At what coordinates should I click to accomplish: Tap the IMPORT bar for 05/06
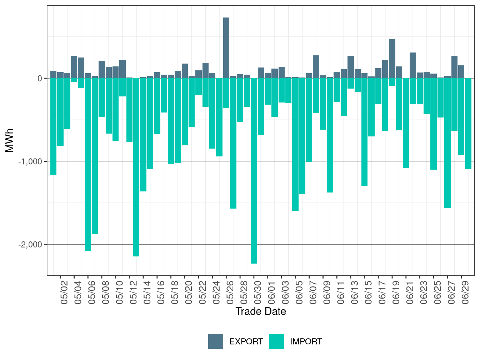[x=88, y=164]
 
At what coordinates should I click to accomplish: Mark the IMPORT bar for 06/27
[x=447, y=143]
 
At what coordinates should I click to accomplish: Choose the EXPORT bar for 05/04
[x=74, y=67]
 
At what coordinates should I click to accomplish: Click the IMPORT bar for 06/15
[x=364, y=132]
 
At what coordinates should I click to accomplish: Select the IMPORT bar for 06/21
[x=406, y=123]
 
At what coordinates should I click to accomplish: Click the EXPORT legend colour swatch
[x=216, y=341]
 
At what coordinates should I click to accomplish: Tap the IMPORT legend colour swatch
[x=276, y=341]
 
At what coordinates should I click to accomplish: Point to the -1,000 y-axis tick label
[x=30, y=161]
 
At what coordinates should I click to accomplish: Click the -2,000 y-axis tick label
[x=30, y=245]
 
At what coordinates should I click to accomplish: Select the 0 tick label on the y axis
[x=40, y=78]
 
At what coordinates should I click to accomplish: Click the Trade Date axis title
[x=261, y=311]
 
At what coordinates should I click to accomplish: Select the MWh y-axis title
[x=10, y=140]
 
